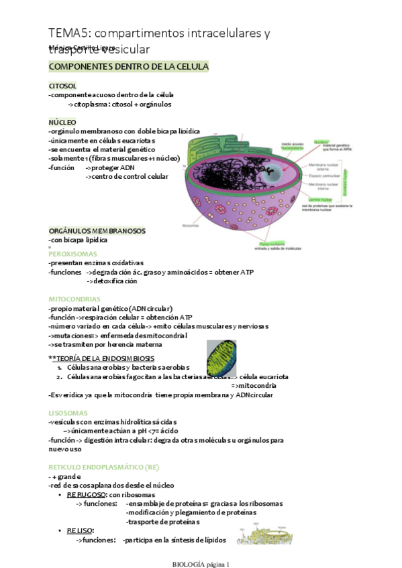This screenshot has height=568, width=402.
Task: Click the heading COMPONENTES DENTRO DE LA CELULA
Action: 128,67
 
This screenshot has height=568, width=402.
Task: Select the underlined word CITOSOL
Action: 62,86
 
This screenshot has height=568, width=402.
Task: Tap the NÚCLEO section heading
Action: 62,123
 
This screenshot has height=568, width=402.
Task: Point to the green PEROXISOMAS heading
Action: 73,254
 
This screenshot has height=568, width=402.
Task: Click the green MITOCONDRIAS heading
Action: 74,299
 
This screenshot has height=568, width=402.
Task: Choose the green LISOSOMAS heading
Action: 68,413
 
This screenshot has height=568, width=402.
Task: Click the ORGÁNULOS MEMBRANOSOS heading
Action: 97,230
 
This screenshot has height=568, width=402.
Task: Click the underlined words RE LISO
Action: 80,530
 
